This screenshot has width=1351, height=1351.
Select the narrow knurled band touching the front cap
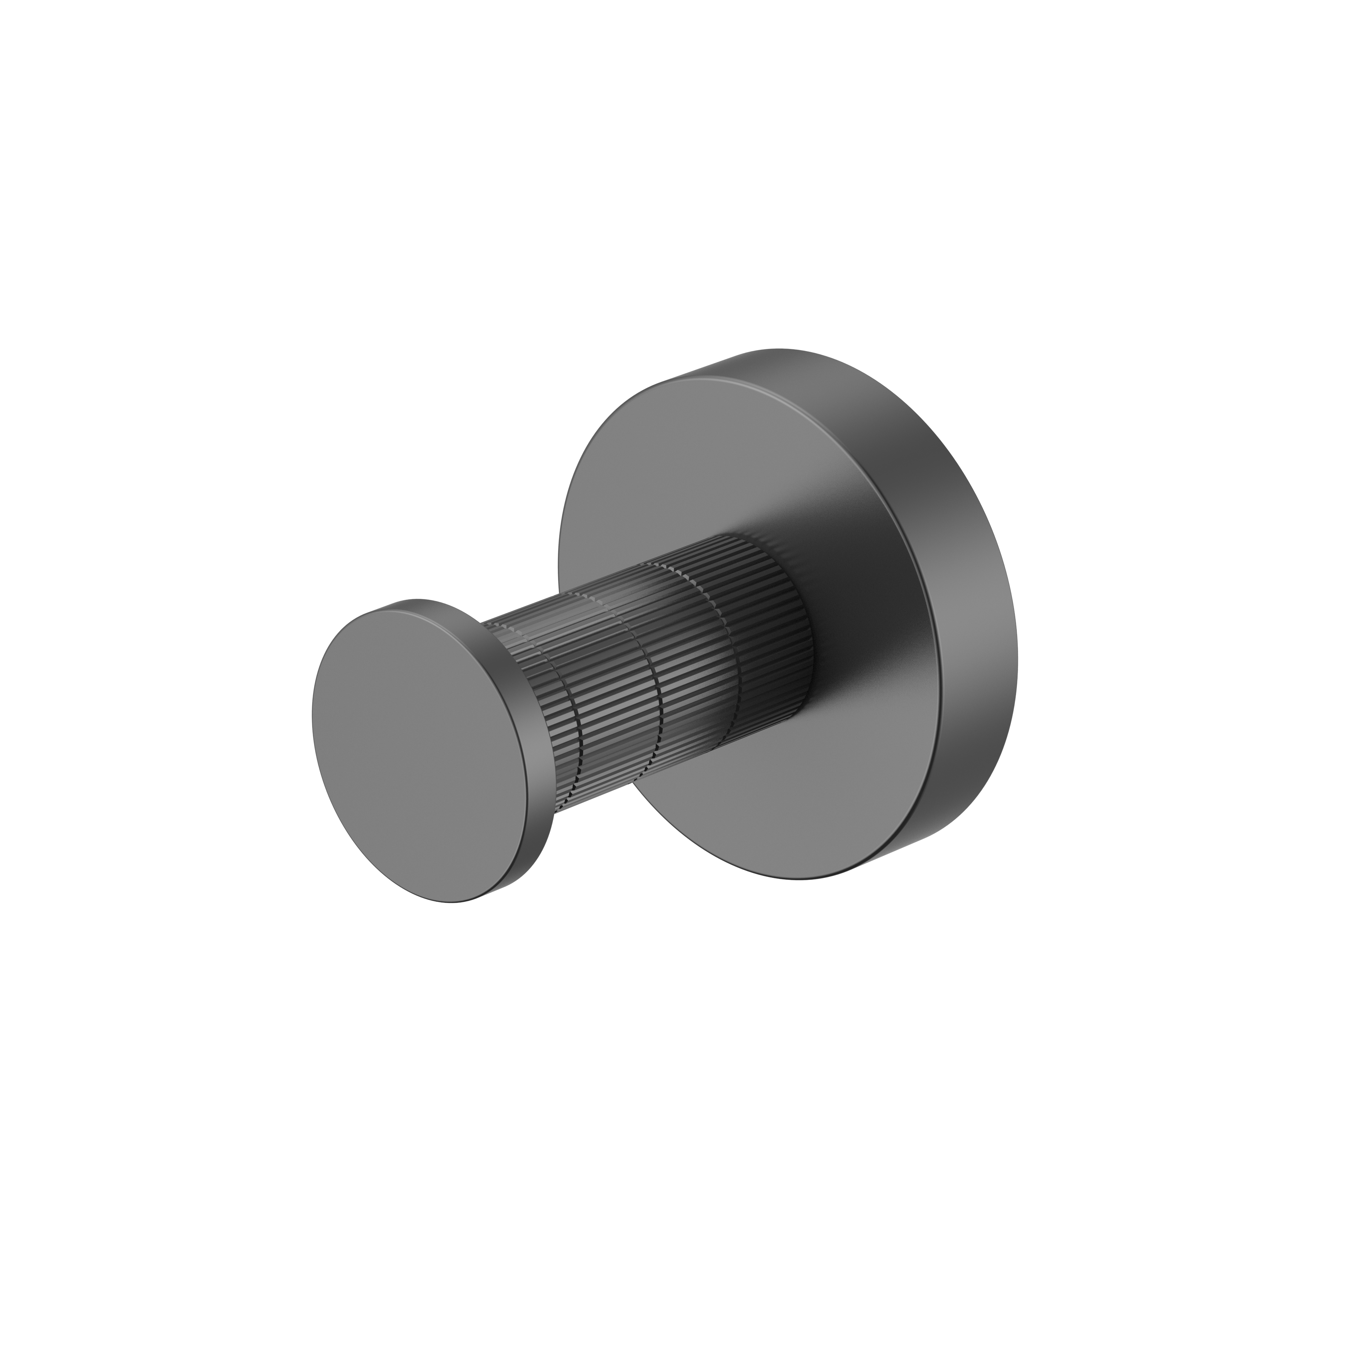[518, 706]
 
